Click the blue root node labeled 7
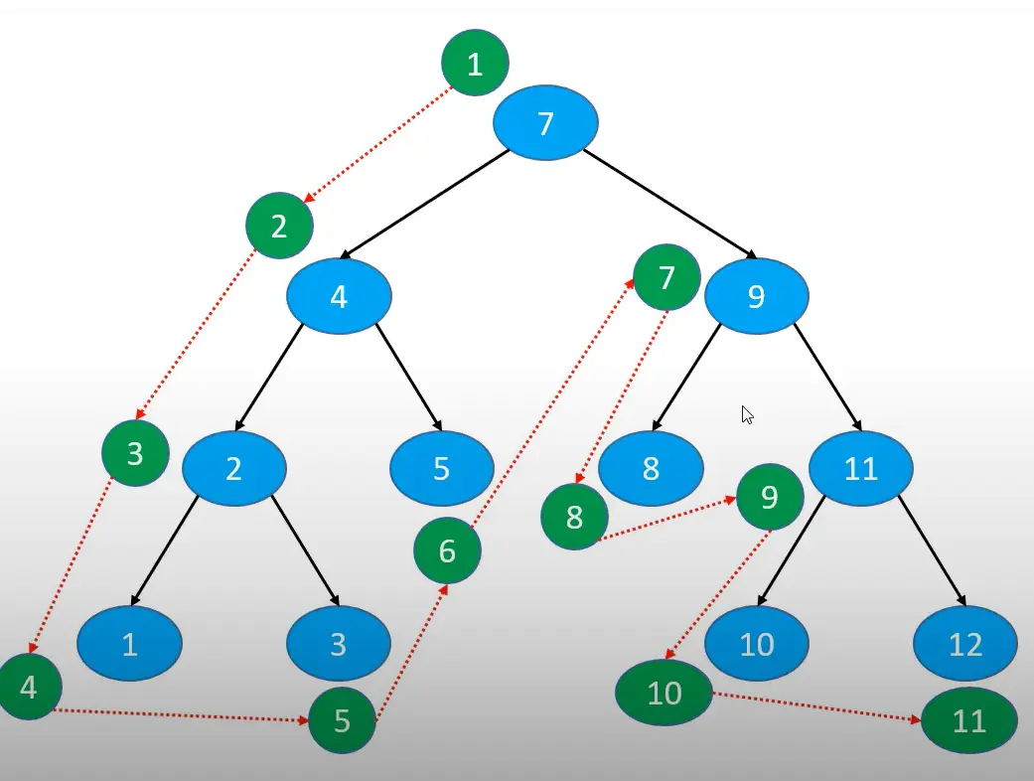pyautogui.click(x=545, y=123)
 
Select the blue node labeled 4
pyautogui.click(x=340, y=296)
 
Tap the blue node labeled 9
pyautogui.click(x=757, y=296)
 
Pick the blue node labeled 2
pyautogui.click(x=234, y=468)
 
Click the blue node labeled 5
pyautogui.click(x=442, y=468)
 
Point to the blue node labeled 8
pyautogui.click(x=651, y=468)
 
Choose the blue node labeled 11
pyautogui.click(x=860, y=468)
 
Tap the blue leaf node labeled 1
pyautogui.click(x=130, y=643)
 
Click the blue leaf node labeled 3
pyautogui.click(x=339, y=643)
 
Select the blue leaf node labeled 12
pyautogui.click(x=965, y=644)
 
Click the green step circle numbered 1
pyautogui.click(x=475, y=64)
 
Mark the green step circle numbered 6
pyautogui.click(x=447, y=549)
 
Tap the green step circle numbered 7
pyautogui.click(x=666, y=277)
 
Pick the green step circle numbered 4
pyautogui.click(x=29, y=687)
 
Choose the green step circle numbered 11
pyautogui.click(x=969, y=720)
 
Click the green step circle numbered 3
pyautogui.click(x=135, y=454)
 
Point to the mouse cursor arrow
pyautogui.click(x=747, y=414)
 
